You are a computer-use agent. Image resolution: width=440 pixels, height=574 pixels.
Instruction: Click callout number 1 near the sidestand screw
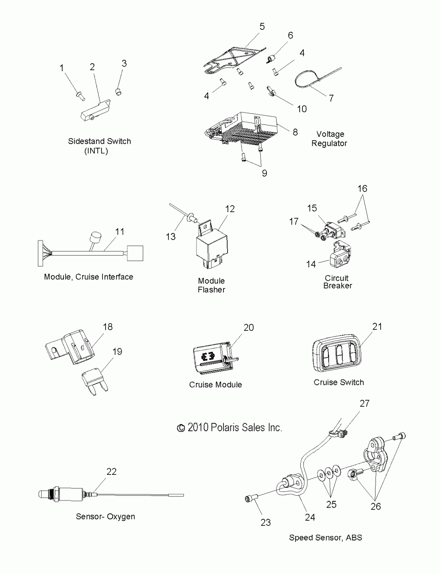click(62, 68)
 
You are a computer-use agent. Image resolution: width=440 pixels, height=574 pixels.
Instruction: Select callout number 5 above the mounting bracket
click(262, 26)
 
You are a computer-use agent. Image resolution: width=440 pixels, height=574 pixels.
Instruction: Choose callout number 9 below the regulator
click(265, 173)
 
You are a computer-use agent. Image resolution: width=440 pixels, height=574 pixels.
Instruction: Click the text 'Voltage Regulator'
click(329, 139)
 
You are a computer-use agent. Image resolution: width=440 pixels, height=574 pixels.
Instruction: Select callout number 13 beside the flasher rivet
click(171, 237)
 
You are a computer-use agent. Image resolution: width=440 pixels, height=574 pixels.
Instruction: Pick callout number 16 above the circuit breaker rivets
click(362, 189)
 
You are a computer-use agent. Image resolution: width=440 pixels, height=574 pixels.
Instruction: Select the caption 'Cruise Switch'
click(339, 382)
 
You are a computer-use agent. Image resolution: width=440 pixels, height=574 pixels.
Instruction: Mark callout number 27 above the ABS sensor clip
click(364, 403)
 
